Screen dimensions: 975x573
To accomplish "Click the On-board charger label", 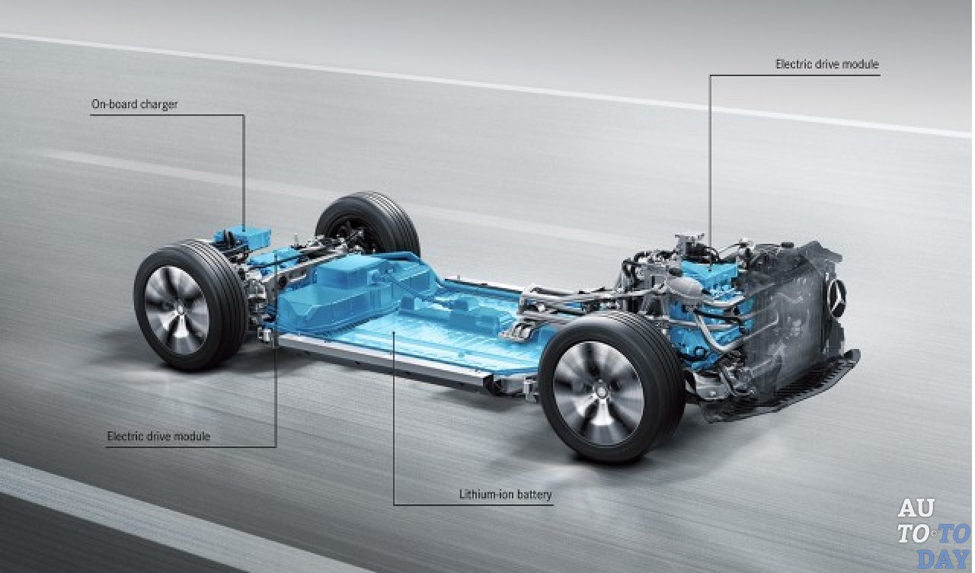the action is [x=135, y=105].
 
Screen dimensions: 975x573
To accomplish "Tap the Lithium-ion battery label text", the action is [x=505, y=495].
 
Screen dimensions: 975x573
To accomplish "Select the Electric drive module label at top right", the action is [x=827, y=65].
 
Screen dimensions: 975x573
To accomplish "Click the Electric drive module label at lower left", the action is [x=158, y=437].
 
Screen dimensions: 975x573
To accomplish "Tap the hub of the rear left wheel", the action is [x=178, y=309].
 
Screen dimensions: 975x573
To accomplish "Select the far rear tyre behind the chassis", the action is [x=368, y=225].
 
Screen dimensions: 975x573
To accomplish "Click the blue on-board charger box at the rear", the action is [x=242, y=237].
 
